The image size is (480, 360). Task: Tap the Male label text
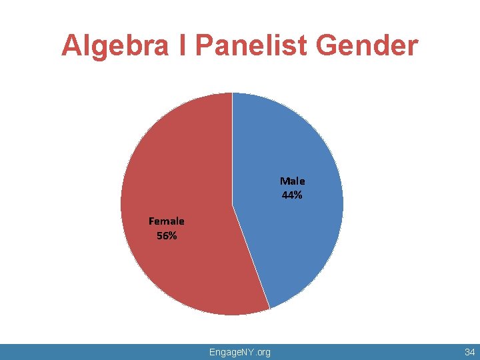point(292,181)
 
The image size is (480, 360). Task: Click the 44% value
point(292,195)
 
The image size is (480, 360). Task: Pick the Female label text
point(167,221)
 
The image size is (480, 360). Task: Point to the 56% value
point(167,235)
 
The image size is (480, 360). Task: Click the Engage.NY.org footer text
point(239,351)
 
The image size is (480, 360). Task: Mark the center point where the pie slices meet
point(232,204)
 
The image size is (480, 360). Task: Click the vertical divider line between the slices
point(232,147)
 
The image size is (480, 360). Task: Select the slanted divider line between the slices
point(251,257)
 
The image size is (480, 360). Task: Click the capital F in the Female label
point(152,221)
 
